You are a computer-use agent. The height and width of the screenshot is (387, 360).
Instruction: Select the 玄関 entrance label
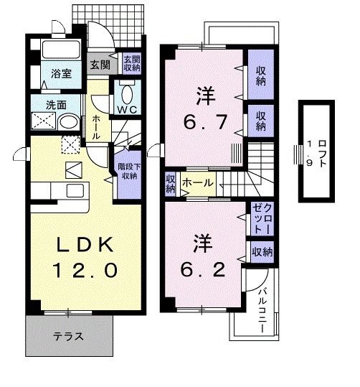click(98, 64)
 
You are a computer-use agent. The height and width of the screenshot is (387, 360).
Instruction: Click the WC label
click(127, 109)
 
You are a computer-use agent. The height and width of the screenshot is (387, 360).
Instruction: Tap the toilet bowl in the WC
click(127, 93)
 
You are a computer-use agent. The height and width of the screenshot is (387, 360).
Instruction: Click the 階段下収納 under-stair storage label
click(128, 170)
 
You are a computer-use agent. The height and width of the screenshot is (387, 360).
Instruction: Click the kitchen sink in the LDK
click(74, 190)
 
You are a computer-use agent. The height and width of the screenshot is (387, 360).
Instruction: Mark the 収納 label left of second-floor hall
click(170, 184)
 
